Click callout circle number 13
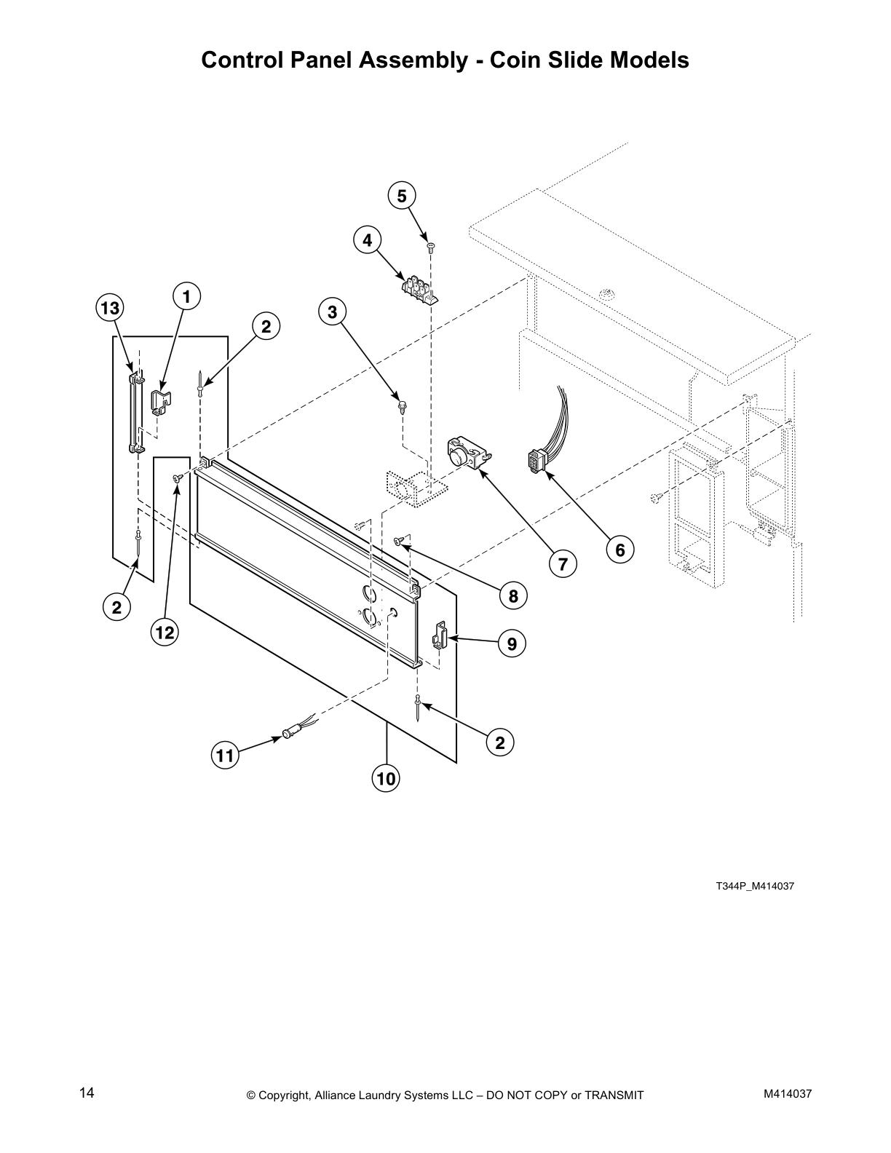click(x=109, y=309)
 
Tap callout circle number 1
click(x=186, y=297)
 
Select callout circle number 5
click(x=401, y=196)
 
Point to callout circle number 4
click(x=367, y=239)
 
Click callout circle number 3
click(x=332, y=312)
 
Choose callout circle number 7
click(x=563, y=563)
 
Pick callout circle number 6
click(x=619, y=550)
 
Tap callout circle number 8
click(x=512, y=596)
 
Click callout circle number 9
click(x=512, y=643)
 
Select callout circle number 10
click(x=386, y=779)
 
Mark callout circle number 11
click(x=225, y=756)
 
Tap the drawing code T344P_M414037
click(x=754, y=887)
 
